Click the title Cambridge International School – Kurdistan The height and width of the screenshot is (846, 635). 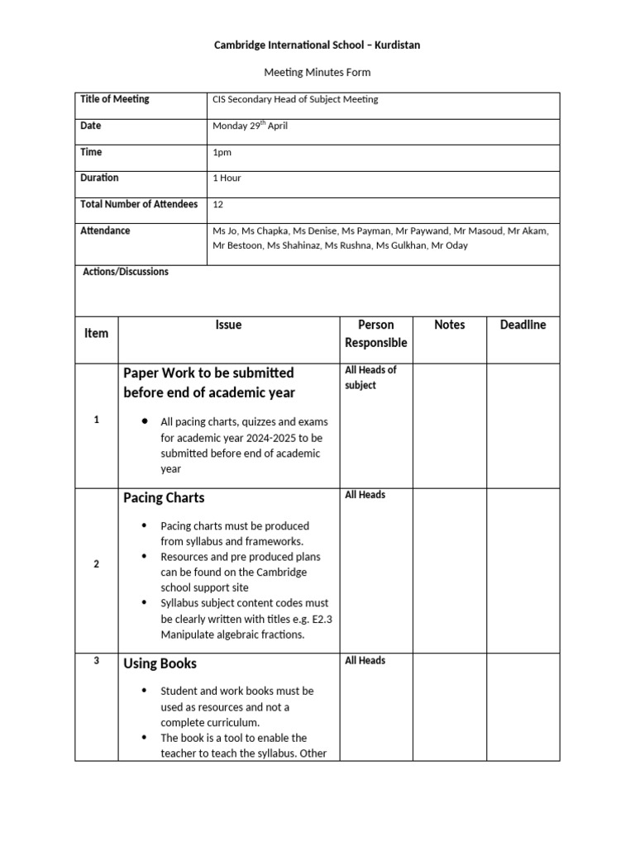pyautogui.click(x=317, y=45)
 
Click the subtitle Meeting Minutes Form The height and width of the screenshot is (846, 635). pyautogui.click(x=317, y=73)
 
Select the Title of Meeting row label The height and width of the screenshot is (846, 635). pyautogui.click(x=115, y=99)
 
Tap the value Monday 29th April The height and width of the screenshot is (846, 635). pyautogui.click(x=250, y=126)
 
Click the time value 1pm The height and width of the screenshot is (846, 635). pyautogui.click(x=222, y=153)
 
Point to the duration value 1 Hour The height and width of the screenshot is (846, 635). pyautogui.click(x=227, y=178)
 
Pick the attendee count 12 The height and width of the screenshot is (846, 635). pyautogui.click(x=218, y=205)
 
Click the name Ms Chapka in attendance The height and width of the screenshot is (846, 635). pyautogui.click(x=260, y=231)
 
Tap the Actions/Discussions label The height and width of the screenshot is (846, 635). pyautogui.click(x=126, y=272)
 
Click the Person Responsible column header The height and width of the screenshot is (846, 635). pyautogui.click(x=375, y=334)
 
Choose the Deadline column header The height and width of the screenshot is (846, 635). pyautogui.click(x=523, y=326)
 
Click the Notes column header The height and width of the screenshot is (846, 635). pyautogui.click(x=449, y=326)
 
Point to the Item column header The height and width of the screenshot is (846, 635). pyautogui.click(x=97, y=334)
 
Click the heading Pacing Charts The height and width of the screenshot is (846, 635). pyautogui.click(x=164, y=498)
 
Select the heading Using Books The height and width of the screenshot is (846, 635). pyautogui.click(x=160, y=663)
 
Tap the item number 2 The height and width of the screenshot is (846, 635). pyautogui.click(x=97, y=564)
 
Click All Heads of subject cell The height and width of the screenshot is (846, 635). pyautogui.click(x=370, y=378)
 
